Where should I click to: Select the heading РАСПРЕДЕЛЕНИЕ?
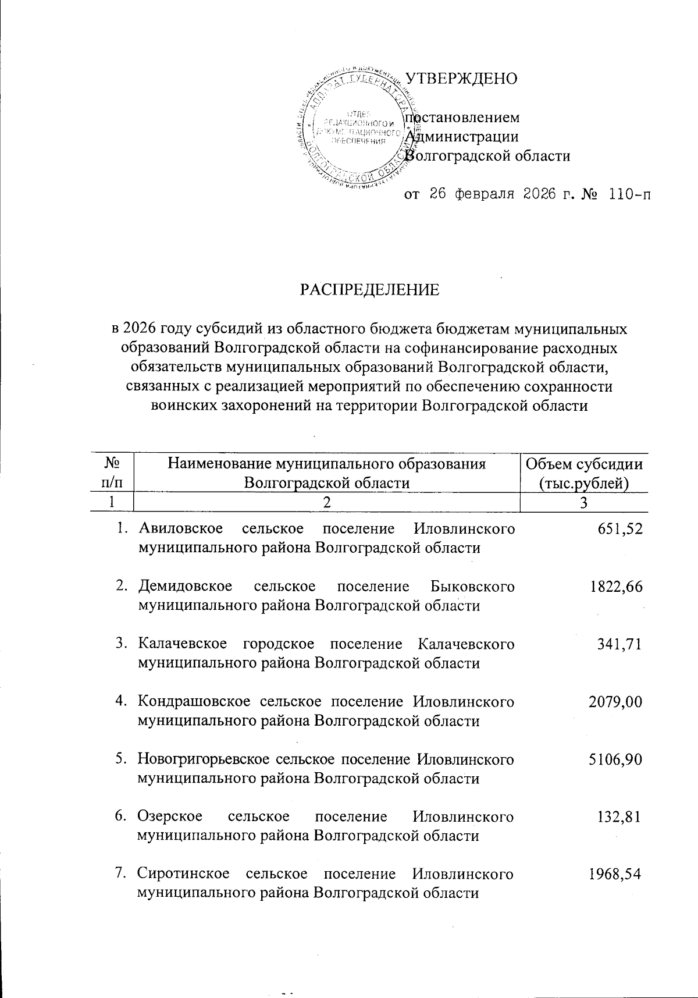(369, 289)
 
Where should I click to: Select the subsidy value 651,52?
(619, 528)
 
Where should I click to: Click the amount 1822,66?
(615, 587)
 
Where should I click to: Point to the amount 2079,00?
(615, 702)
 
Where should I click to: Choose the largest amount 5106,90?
(615, 759)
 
